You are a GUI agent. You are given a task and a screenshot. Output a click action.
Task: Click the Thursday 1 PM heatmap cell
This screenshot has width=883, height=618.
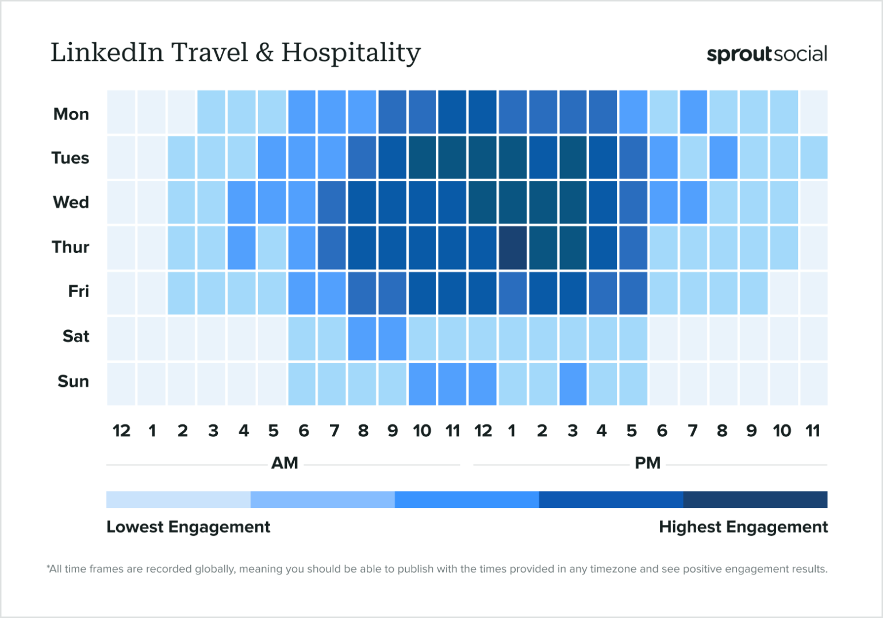(x=512, y=247)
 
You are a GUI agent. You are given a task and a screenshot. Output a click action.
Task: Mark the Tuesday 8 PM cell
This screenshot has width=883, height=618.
(x=723, y=158)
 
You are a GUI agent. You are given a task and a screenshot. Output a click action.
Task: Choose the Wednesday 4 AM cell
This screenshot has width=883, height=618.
(x=242, y=202)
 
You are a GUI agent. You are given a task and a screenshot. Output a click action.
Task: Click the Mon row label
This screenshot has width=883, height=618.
(x=71, y=114)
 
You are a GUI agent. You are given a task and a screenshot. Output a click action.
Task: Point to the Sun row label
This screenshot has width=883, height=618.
(x=73, y=381)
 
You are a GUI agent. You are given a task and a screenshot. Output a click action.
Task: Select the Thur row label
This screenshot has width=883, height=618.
(x=70, y=247)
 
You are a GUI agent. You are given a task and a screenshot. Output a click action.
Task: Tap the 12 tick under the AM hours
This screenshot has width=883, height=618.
(x=121, y=431)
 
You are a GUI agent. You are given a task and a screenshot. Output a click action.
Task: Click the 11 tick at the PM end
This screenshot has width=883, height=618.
(x=812, y=431)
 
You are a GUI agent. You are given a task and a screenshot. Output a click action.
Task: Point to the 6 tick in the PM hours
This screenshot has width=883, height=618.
(x=662, y=431)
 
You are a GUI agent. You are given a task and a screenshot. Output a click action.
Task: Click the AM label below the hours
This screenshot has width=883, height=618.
(x=285, y=463)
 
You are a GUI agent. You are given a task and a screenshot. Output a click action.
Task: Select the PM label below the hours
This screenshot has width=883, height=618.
(x=647, y=463)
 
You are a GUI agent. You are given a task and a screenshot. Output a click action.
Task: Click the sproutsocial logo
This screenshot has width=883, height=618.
(x=766, y=54)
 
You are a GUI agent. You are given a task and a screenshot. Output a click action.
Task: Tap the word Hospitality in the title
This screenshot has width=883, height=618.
(x=351, y=53)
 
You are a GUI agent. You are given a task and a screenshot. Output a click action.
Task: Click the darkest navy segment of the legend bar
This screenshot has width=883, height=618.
(x=755, y=500)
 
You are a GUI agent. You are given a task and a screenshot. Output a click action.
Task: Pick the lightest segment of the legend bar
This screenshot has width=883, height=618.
(x=178, y=500)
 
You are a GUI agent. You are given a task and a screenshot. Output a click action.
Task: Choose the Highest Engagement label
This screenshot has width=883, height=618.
(x=743, y=527)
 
